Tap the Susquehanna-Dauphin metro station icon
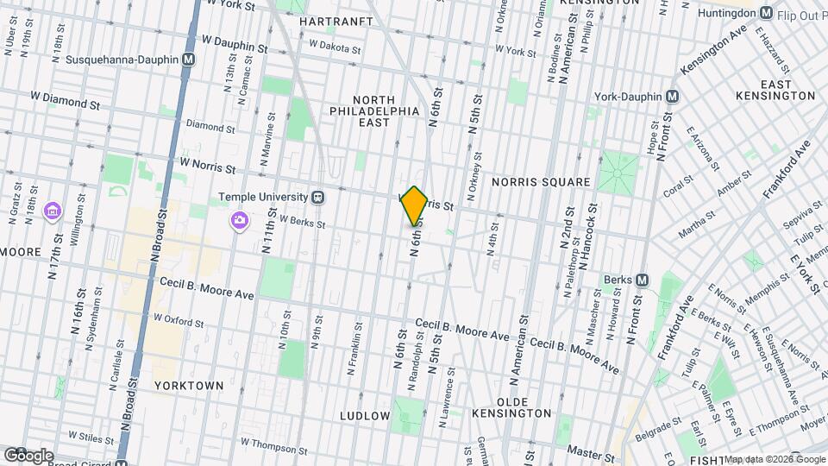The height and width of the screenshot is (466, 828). click(188, 60)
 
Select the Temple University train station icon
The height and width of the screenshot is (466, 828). click(318, 197)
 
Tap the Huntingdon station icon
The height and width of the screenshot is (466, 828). click(765, 13)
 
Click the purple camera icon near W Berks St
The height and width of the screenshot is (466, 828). click(239, 222)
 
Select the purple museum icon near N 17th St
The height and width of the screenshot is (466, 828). click(53, 211)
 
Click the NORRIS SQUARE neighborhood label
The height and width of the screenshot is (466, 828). click(541, 183)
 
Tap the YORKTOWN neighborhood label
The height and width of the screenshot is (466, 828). click(189, 385)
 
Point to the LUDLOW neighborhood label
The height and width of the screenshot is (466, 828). click(365, 415)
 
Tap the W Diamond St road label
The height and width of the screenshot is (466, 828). click(65, 101)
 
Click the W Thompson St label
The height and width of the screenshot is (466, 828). click(274, 444)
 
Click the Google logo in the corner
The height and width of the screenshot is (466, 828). click(28, 455)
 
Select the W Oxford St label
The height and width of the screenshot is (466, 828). click(179, 320)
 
